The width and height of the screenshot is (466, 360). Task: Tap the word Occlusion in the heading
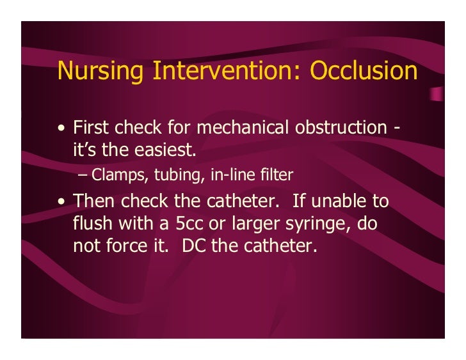click(x=364, y=71)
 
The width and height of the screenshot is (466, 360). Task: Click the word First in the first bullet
click(x=92, y=127)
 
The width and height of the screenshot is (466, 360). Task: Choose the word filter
click(x=264, y=173)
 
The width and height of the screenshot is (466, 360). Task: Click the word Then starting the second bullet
click(x=93, y=201)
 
